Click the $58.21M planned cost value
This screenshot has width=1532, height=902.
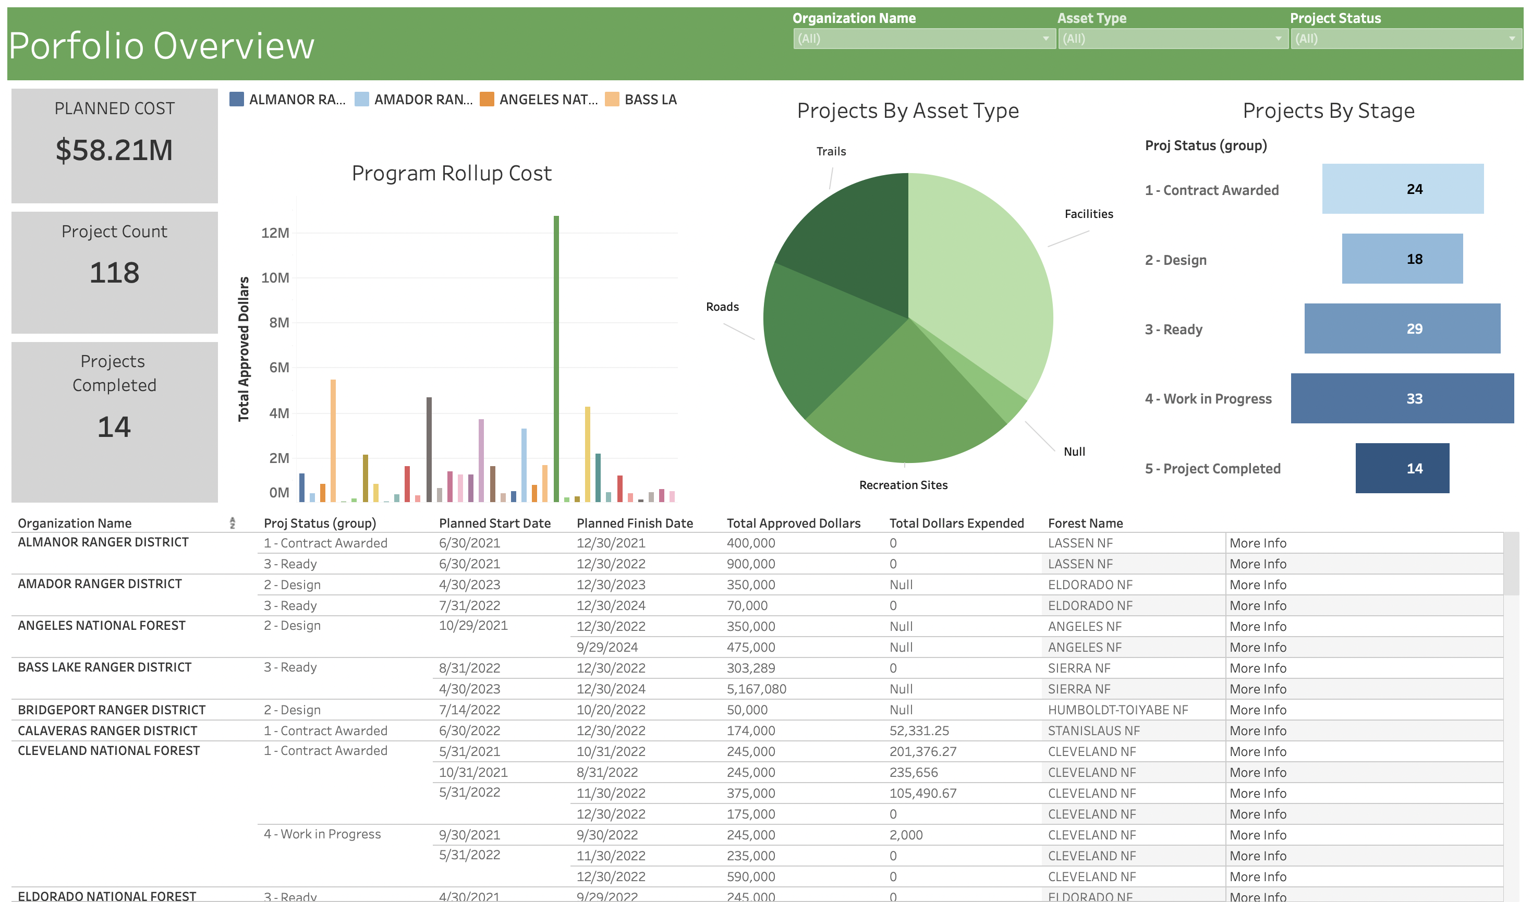click(114, 150)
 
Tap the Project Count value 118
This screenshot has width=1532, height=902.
click(114, 272)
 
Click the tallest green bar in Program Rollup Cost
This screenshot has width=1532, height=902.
click(556, 359)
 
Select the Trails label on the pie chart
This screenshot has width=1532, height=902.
click(831, 151)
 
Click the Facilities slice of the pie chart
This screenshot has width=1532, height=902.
click(979, 274)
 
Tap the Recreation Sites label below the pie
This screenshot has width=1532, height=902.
click(903, 485)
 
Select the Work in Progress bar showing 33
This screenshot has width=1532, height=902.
click(1402, 399)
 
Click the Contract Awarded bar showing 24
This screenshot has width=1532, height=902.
click(1402, 189)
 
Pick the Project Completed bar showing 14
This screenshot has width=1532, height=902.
click(1402, 469)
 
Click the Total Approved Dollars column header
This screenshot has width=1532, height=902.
click(793, 523)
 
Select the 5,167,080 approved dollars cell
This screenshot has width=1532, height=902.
click(756, 689)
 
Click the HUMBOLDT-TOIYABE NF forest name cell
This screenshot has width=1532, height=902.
click(1117, 710)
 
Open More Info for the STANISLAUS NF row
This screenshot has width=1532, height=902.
click(1258, 730)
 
